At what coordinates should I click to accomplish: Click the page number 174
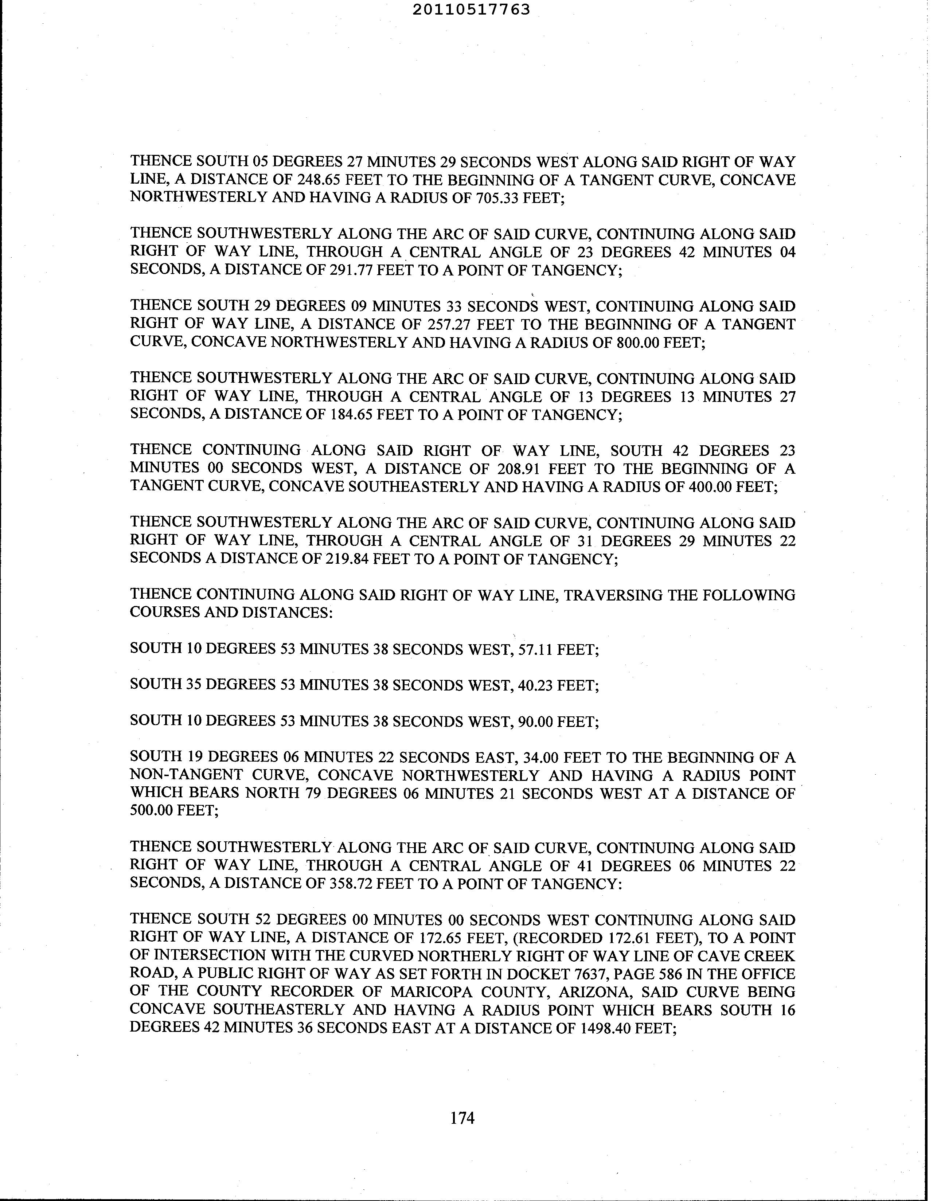pos(462,1118)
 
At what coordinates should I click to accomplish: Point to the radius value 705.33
pos(496,197)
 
